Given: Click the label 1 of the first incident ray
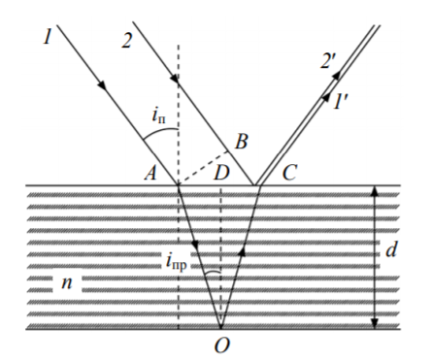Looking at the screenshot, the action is [48, 36].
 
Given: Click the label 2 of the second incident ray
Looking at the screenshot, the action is [127, 41].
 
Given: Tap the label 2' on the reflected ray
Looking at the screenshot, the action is [328, 60].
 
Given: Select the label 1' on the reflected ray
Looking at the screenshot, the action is [339, 101].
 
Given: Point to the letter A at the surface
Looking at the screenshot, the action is [150, 173].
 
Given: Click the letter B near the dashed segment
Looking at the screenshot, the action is [241, 142].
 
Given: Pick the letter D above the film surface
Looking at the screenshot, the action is [221, 173].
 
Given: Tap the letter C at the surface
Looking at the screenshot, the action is [289, 173].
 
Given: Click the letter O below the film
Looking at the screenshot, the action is [222, 344].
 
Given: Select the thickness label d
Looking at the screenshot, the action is [391, 249].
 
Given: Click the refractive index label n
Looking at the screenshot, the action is [67, 282].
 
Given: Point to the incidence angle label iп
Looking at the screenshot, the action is [158, 115].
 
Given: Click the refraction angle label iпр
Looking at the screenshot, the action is [177, 262].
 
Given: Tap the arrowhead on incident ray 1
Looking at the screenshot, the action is [102, 84].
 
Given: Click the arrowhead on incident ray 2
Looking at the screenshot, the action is [175, 79].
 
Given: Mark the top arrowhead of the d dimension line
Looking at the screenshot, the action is [375, 191].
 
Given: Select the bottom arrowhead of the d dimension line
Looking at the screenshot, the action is [375, 324].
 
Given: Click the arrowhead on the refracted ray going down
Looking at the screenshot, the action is [195, 245].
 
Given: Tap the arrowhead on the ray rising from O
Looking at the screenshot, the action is [243, 250].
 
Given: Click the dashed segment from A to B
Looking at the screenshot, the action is [203, 168].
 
